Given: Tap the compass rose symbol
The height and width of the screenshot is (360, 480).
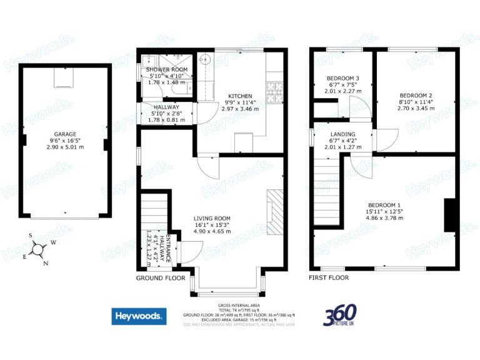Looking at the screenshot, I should click(x=39, y=249).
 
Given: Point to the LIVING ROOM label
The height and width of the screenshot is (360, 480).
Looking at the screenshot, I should click(x=212, y=218).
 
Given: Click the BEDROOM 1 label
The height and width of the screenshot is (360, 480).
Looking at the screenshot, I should click(x=384, y=205).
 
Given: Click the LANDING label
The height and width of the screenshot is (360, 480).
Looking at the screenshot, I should click(x=343, y=134).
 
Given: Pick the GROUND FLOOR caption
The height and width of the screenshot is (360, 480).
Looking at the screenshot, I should click(x=161, y=277).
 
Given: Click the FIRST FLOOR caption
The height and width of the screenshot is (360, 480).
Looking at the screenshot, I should click(x=329, y=277).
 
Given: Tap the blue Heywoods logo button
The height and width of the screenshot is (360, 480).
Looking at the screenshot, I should click(x=139, y=317).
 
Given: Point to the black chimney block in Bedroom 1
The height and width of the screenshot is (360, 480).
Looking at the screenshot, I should click(x=449, y=216).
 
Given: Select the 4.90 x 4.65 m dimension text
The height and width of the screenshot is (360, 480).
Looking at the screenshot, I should click(x=212, y=231).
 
